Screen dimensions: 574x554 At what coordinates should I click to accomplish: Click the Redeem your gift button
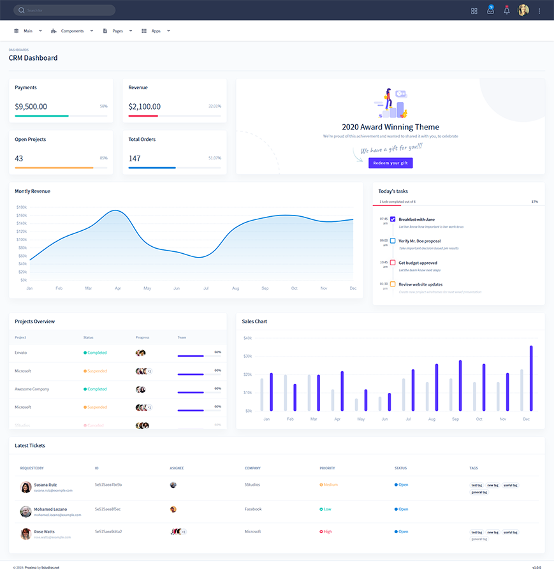390,163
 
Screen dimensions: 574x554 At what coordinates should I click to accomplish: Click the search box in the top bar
64,10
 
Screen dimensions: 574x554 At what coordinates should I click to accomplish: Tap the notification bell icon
506,11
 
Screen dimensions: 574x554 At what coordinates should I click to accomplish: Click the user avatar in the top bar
523,10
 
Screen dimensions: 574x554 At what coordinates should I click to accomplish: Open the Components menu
71,31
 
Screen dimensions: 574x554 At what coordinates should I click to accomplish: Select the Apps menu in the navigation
155,31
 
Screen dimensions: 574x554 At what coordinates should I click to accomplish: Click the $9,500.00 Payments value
31,107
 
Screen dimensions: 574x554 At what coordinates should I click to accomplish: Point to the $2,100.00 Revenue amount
144,107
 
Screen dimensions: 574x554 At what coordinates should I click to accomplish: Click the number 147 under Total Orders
135,158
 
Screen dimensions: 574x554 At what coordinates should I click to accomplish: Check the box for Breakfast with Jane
393,219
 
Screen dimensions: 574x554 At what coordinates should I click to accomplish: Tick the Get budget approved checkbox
393,263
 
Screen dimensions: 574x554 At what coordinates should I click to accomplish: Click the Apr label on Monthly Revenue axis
117,288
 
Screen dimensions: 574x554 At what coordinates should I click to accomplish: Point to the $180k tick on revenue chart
22,207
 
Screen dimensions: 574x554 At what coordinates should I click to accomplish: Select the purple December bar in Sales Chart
531,378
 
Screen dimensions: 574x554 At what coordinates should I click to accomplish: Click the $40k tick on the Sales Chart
247,338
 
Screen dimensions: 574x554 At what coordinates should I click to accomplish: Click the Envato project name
21,353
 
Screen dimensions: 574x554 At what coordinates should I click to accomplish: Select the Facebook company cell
253,509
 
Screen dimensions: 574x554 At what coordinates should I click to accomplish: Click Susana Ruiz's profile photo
26,487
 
